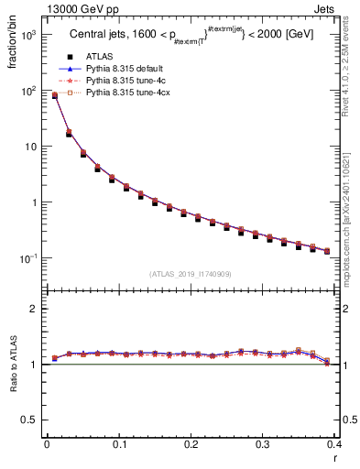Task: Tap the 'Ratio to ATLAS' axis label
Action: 12,389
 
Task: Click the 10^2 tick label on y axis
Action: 27,91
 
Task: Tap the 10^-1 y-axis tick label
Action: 27,259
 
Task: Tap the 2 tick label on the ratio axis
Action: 33,309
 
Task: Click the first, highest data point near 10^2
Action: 54,95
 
